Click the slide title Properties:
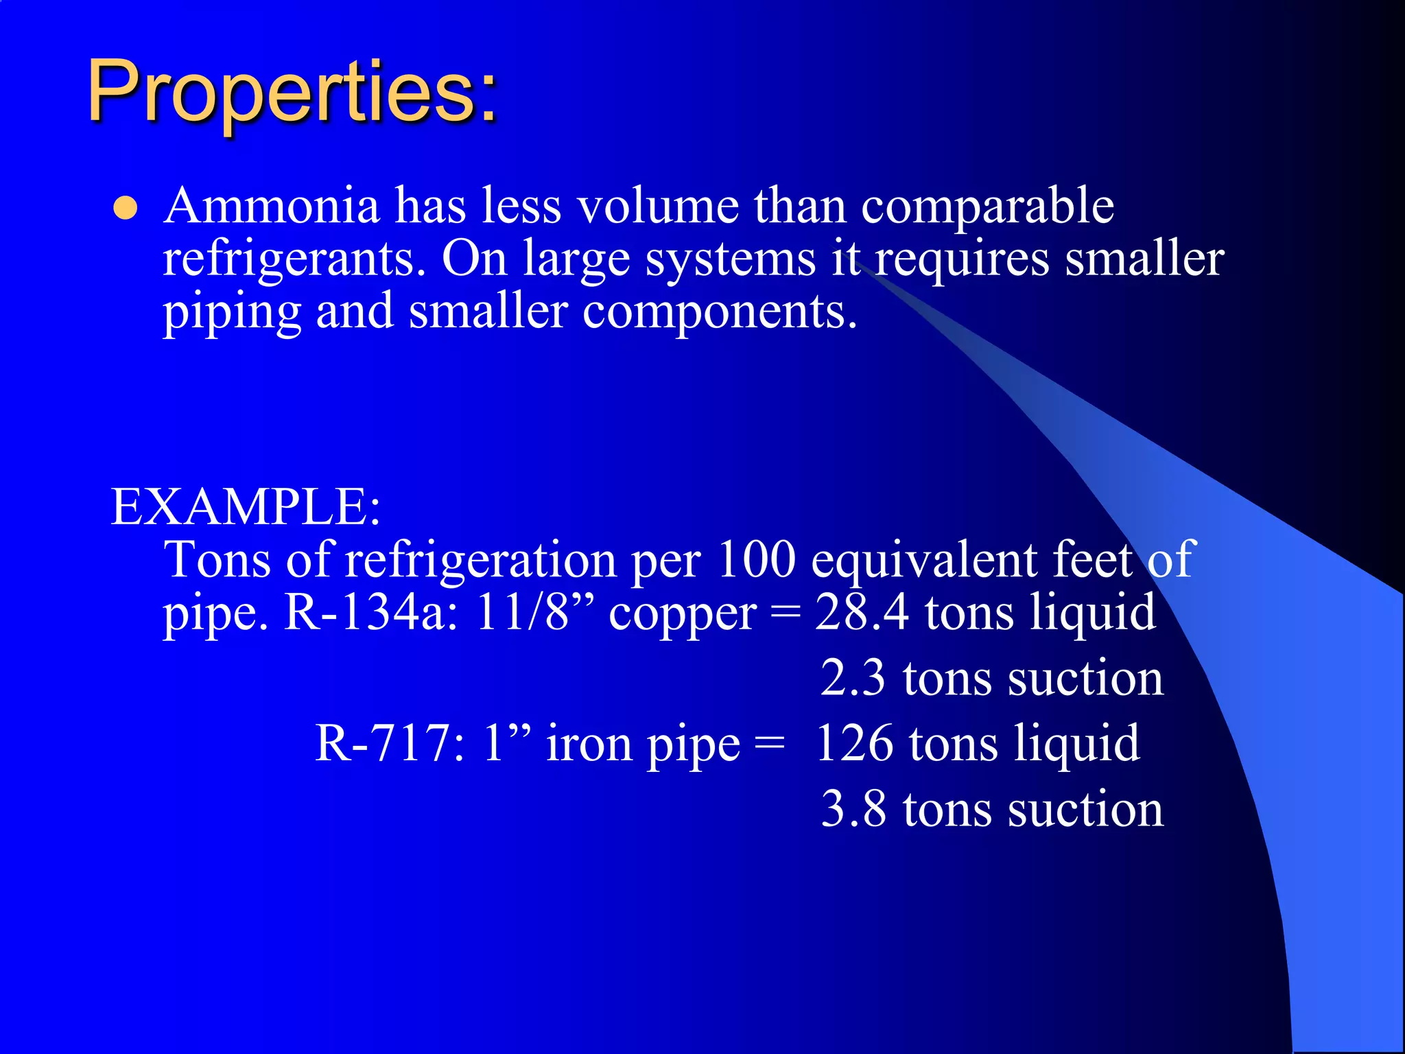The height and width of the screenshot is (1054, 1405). tap(292, 93)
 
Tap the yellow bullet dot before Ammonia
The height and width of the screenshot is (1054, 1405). tap(126, 209)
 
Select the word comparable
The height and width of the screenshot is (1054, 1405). tap(987, 207)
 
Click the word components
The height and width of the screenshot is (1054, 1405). tap(720, 313)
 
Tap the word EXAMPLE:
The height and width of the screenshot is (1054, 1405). tap(246, 508)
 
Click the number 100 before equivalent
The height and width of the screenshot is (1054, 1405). tap(755, 560)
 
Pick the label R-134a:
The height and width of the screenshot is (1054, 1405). tap(371, 613)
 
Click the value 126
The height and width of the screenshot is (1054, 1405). tap(855, 744)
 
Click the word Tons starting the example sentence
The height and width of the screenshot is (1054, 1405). tap(217, 560)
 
